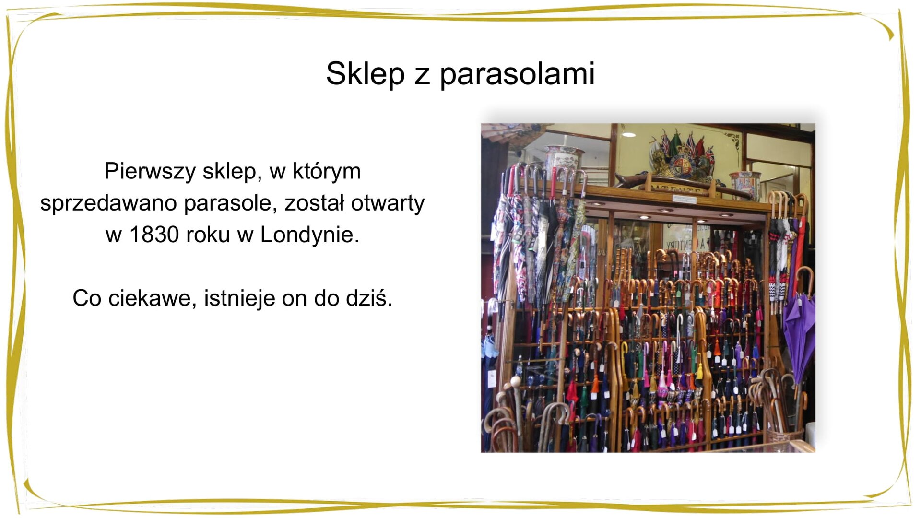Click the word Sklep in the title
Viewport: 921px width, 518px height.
pyautogui.click(x=365, y=74)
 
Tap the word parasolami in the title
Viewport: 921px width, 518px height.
pyautogui.click(x=517, y=75)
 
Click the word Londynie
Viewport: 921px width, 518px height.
pyautogui.click(x=309, y=235)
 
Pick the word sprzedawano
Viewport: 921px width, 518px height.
pyautogui.click(x=108, y=203)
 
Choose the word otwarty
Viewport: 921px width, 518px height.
pyautogui.click(x=388, y=203)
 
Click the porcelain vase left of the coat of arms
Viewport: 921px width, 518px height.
pyautogui.click(x=564, y=158)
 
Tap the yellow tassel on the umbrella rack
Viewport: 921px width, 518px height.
pyautogui.click(x=700, y=369)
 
